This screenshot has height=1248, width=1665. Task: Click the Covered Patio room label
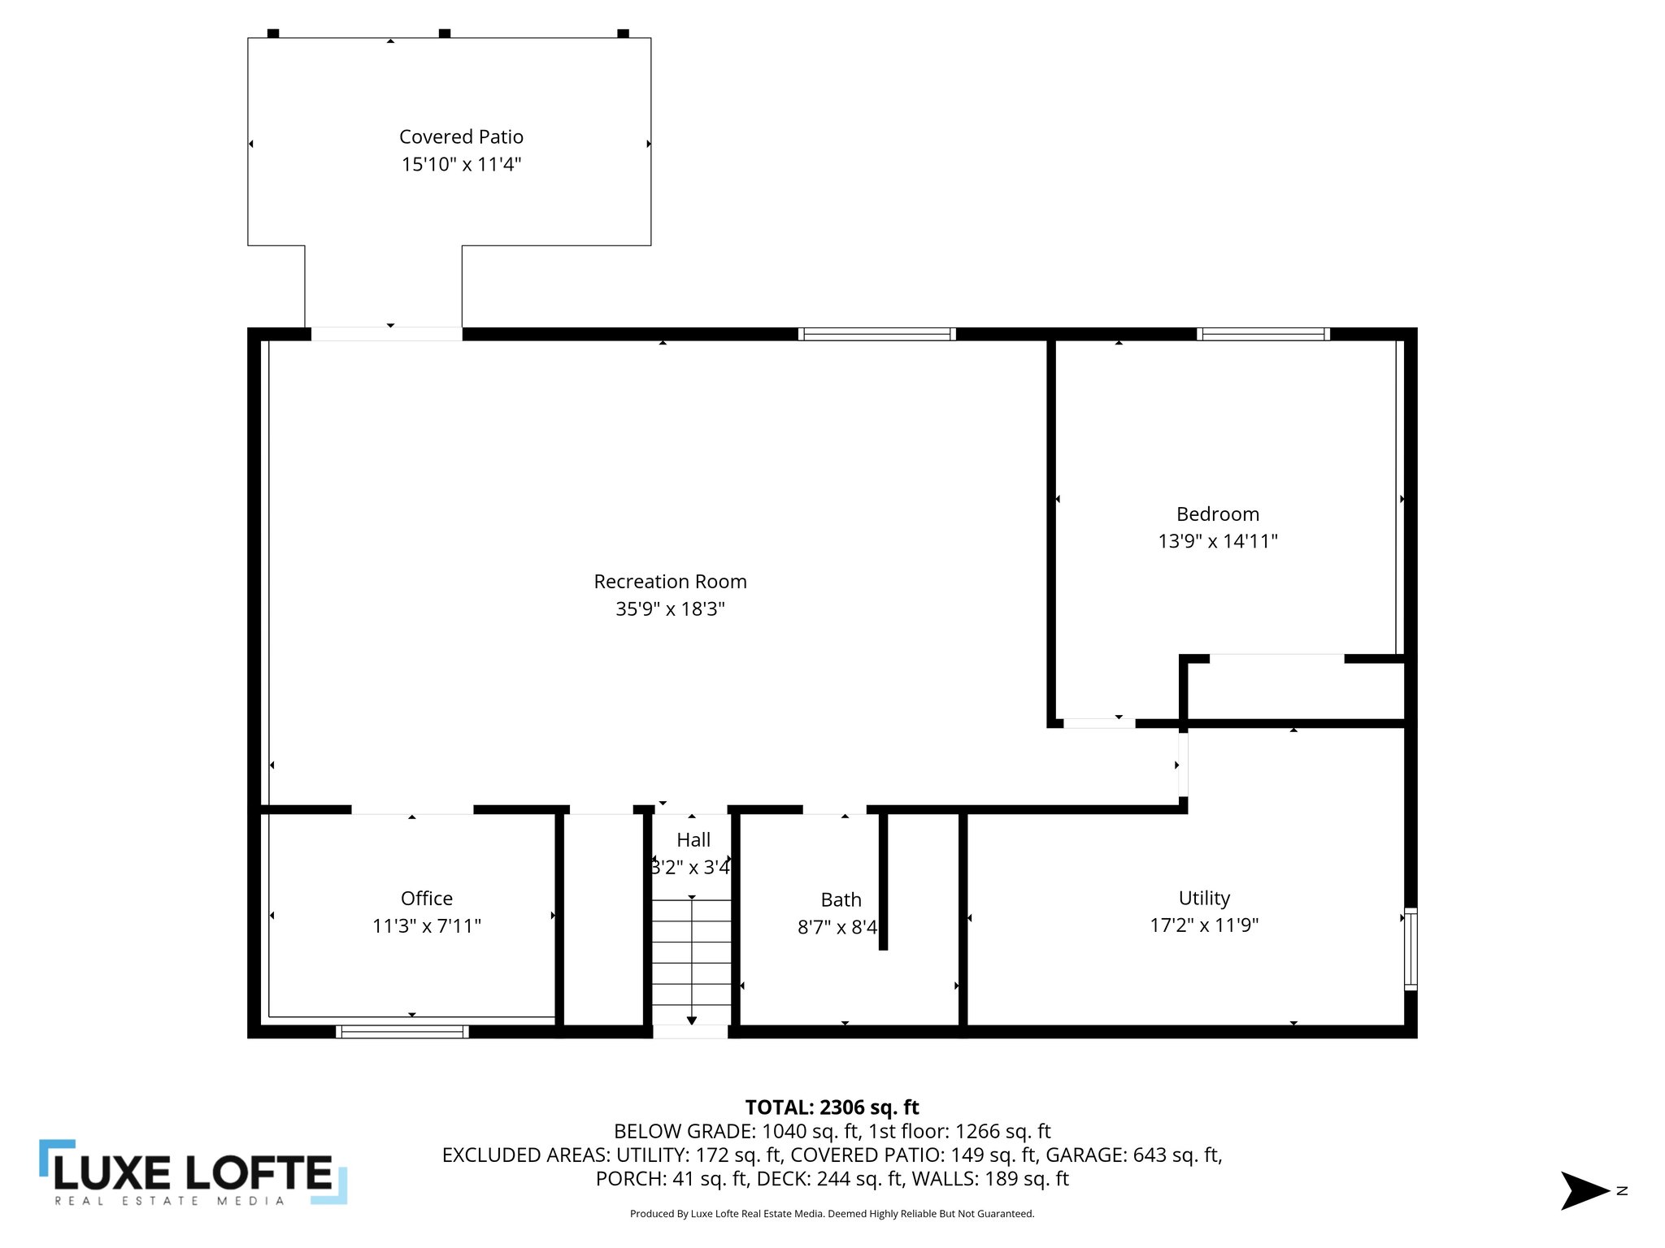(x=461, y=136)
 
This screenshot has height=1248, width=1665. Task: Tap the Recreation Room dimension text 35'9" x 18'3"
(x=670, y=609)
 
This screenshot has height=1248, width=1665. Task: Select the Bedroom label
(x=1217, y=513)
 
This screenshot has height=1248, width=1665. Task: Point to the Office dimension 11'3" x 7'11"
(x=427, y=925)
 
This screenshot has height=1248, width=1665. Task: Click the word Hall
(x=693, y=839)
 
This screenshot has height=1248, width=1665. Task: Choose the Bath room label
(x=841, y=899)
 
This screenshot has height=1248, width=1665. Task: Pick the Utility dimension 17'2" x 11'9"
(x=1204, y=925)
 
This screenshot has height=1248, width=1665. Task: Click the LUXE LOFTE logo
(x=193, y=1172)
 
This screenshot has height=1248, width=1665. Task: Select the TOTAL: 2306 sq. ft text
(x=832, y=1107)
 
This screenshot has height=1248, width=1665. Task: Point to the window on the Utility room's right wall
(x=1411, y=948)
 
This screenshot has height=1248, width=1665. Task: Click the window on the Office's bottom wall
(x=402, y=1031)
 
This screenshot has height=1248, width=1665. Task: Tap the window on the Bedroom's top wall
(x=1263, y=334)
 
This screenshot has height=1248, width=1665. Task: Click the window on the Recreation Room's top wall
(x=876, y=334)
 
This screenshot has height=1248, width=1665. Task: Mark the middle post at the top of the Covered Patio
(x=445, y=33)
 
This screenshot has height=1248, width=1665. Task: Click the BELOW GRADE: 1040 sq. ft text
(x=736, y=1131)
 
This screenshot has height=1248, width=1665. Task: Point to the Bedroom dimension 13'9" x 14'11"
(x=1217, y=541)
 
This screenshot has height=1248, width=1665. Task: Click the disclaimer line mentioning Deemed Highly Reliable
(x=832, y=1214)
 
